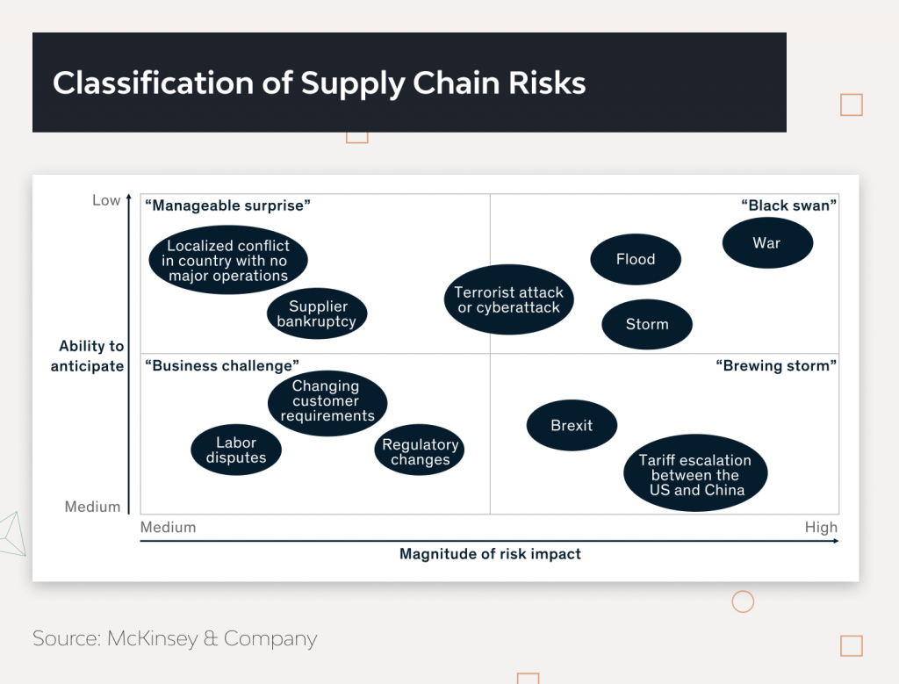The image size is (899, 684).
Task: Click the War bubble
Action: [x=767, y=243]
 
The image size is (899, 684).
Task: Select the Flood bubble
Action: [x=636, y=259]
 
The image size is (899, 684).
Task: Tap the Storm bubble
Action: [x=647, y=324]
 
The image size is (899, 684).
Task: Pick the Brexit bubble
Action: [x=572, y=425]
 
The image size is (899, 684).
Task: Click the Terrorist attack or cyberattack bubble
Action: [x=509, y=299]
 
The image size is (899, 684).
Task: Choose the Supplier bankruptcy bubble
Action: [x=317, y=313]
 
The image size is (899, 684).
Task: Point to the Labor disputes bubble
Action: [x=235, y=450]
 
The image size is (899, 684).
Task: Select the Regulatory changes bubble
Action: [x=421, y=452]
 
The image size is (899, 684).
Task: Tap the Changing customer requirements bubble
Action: [x=327, y=401]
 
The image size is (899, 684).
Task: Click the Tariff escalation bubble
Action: [x=695, y=475]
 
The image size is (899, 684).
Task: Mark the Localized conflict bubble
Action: [x=228, y=261]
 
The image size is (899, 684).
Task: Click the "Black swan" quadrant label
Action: [x=788, y=205]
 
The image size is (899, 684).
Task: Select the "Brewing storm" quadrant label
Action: [x=776, y=365]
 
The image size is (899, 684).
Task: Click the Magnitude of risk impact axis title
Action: [x=490, y=554]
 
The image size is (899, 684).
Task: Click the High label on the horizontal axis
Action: [x=821, y=528]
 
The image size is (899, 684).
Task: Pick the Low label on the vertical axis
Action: [x=106, y=200]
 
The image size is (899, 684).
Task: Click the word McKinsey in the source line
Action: [x=151, y=638]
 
